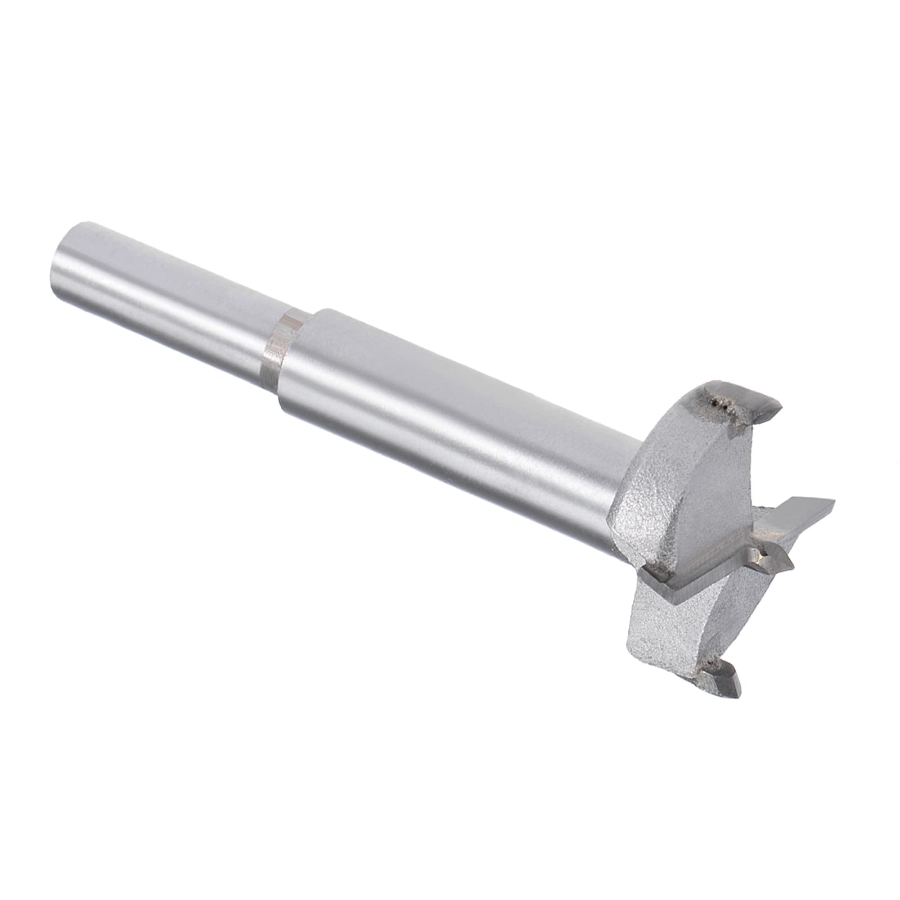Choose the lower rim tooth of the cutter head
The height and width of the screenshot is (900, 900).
tap(723, 678)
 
